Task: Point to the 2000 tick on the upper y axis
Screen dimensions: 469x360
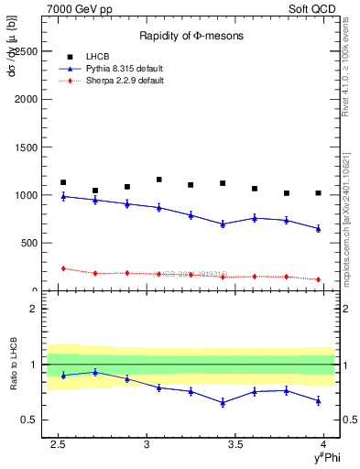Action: coord(29,99)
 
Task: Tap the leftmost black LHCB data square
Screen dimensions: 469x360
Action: coord(63,182)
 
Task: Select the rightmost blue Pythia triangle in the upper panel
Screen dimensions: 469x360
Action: coord(318,228)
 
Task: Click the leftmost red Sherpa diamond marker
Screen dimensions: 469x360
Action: coord(63,268)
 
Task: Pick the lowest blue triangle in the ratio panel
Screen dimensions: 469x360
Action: coord(223,403)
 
